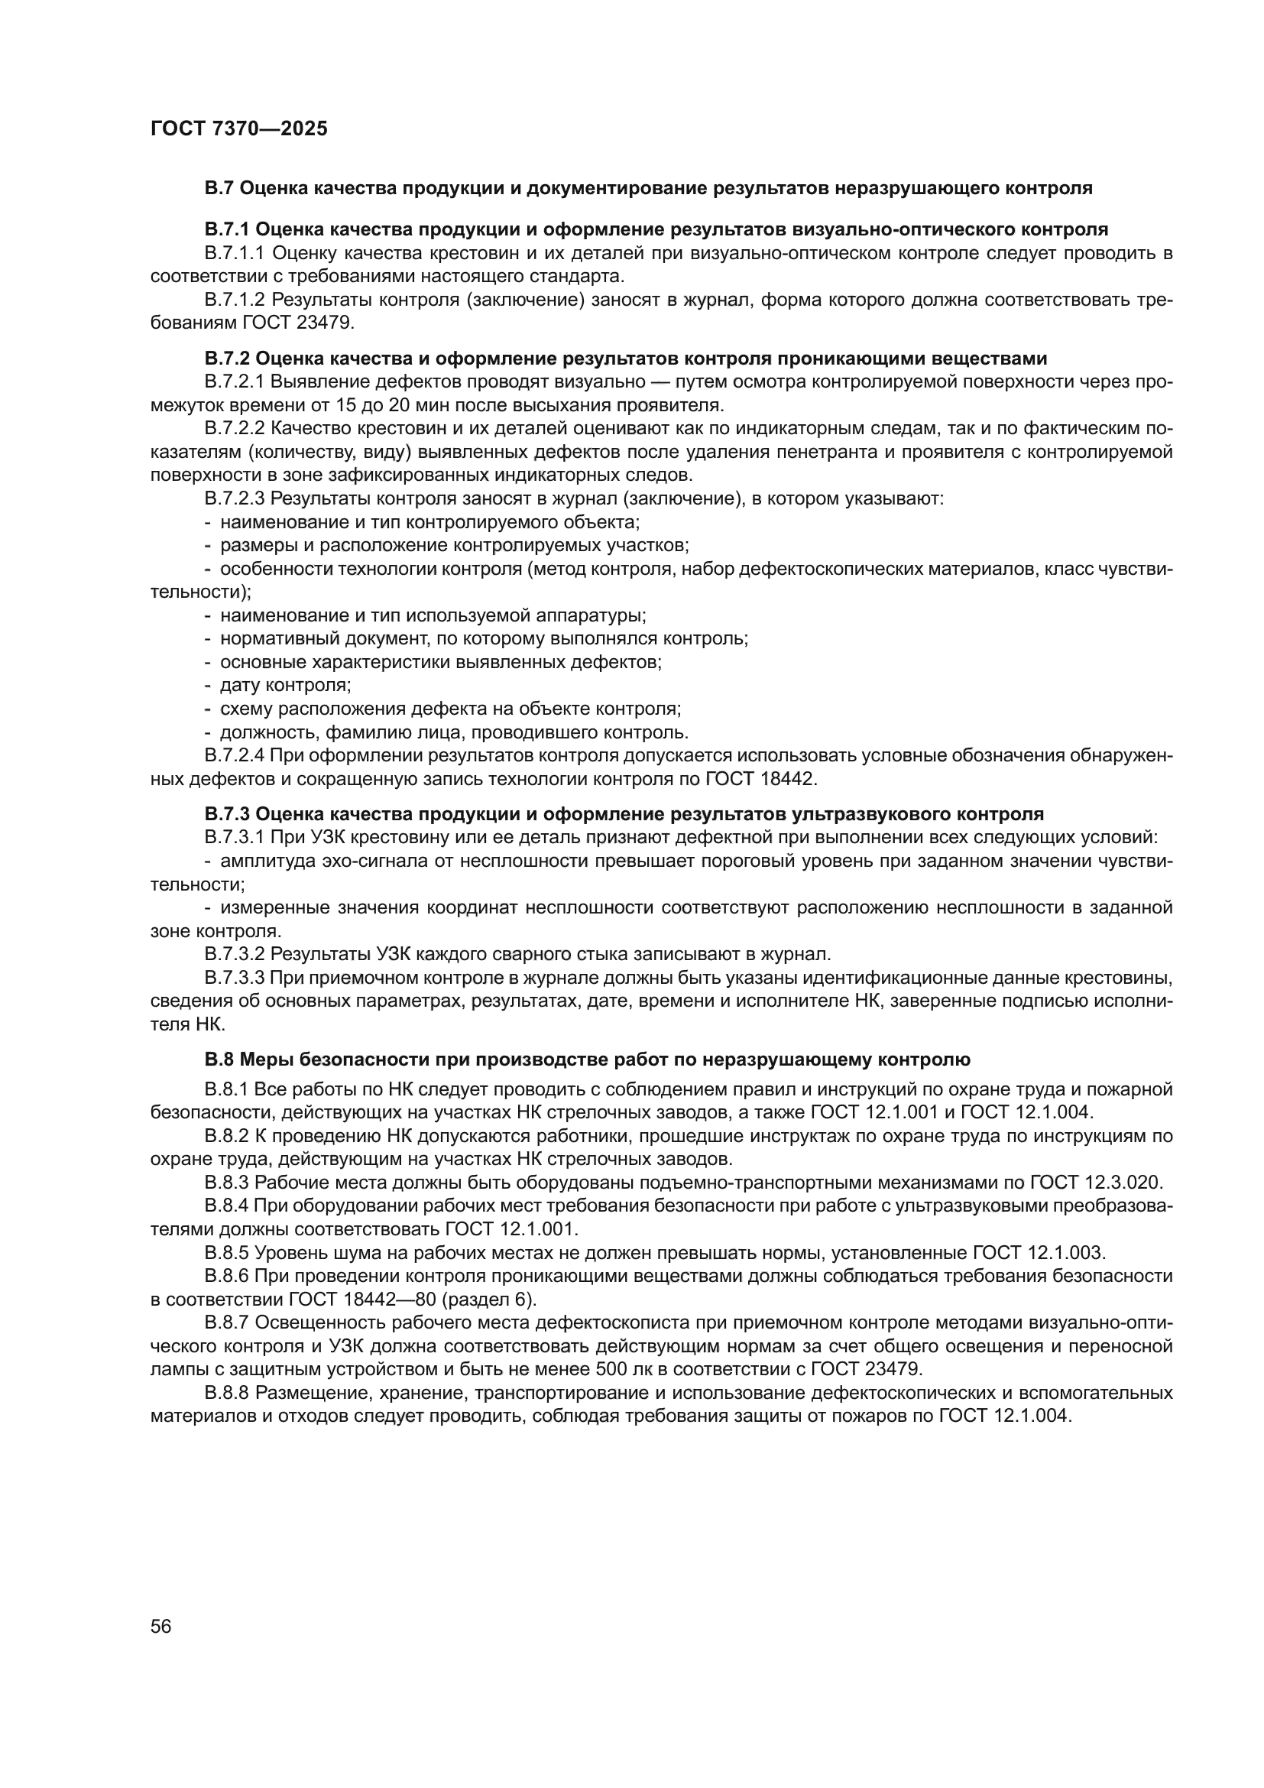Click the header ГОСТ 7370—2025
(x=239, y=129)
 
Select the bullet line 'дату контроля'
(x=285, y=685)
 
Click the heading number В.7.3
(x=226, y=815)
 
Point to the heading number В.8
(x=219, y=1059)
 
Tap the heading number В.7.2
(x=226, y=359)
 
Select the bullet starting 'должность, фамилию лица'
(x=454, y=732)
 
